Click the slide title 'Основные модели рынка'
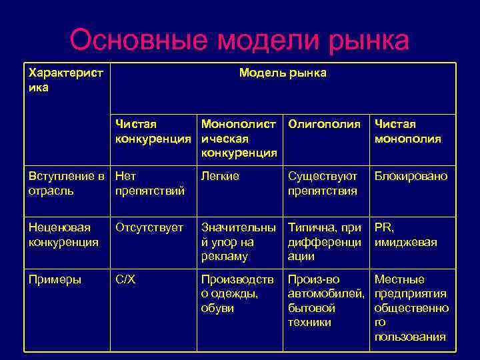[239, 40]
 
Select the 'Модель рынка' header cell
[283, 73]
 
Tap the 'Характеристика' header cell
[65, 80]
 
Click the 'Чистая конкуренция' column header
[152, 132]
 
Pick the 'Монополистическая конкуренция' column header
[239, 139]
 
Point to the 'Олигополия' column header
[324, 125]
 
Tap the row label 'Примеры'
[55, 279]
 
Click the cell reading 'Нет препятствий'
[150, 183]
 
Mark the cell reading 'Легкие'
[220, 177]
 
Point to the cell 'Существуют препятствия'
[323, 183]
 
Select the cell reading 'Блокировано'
[411, 177]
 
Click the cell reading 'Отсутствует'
[149, 227]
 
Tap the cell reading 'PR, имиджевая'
[406, 235]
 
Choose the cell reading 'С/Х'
[125, 279]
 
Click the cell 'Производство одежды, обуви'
[237, 293]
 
